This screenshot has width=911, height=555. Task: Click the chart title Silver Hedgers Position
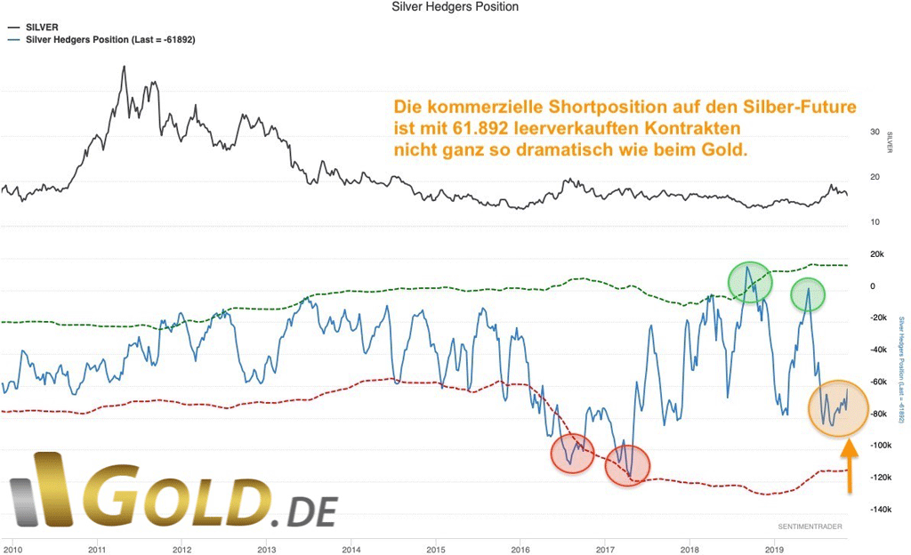tap(455, 7)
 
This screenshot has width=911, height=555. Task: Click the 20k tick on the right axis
tap(876, 254)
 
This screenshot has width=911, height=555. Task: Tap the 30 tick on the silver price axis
tap(875, 132)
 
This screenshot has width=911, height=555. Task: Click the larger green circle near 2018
tap(750, 282)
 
